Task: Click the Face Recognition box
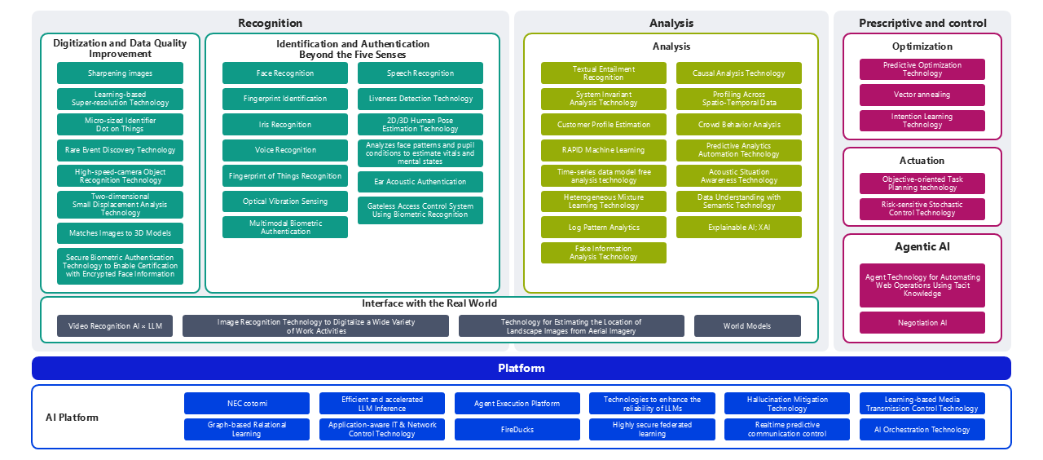[285, 73]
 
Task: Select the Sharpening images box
[120, 73]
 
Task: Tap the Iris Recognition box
[285, 125]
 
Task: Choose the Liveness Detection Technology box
[420, 99]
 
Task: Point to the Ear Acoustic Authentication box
[420, 182]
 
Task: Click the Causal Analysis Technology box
[739, 73]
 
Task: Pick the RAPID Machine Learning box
[604, 150]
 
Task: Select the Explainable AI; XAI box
[739, 228]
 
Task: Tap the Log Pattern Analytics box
[604, 228]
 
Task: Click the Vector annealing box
[922, 95]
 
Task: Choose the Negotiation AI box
[922, 323]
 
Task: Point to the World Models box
[747, 326]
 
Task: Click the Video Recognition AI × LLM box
[115, 326]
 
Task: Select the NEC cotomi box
[247, 403]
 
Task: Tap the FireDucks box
[517, 430]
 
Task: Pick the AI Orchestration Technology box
[922, 430]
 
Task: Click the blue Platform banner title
[521, 369]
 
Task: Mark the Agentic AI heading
[922, 246]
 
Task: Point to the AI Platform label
[72, 418]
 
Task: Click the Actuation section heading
[922, 161]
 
